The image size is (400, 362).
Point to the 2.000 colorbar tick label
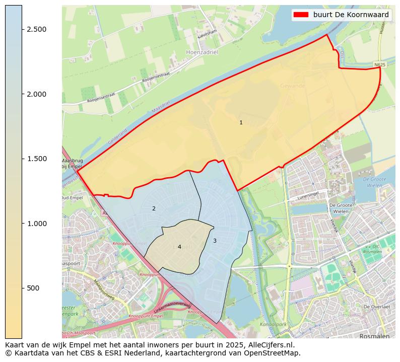(x=37, y=94)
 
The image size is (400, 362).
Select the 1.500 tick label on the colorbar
(x=37, y=159)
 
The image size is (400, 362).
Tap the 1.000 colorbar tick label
(x=37, y=224)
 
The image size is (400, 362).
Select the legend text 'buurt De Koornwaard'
(x=351, y=15)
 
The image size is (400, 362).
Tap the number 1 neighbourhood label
(x=241, y=122)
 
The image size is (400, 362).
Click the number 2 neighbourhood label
(x=154, y=208)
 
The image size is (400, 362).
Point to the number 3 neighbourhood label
(x=215, y=241)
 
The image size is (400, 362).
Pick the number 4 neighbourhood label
(x=179, y=247)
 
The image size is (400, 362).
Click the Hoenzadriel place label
(x=202, y=52)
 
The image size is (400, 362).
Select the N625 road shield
(x=380, y=65)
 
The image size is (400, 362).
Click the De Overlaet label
(x=377, y=307)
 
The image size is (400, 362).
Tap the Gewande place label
(x=292, y=86)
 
